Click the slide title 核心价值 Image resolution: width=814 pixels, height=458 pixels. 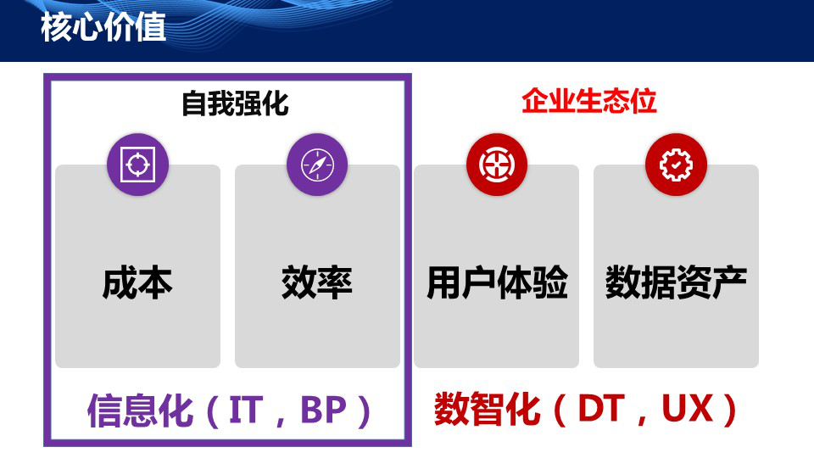click(103, 28)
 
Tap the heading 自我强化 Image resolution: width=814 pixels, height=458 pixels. click(235, 103)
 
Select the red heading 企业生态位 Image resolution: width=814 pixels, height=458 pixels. click(589, 102)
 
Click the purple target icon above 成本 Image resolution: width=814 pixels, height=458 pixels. click(137, 165)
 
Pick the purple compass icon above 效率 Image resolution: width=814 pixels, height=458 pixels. click(317, 165)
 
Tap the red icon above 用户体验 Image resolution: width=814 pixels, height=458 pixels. click(497, 165)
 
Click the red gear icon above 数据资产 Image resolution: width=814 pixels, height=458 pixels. click(676, 165)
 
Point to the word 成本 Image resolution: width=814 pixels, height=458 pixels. click(137, 282)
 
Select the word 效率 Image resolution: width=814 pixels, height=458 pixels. click(317, 282)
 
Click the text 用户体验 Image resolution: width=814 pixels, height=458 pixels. click(497, 282)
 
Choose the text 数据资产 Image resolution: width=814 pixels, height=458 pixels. click(676, 282)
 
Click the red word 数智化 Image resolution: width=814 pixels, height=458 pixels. click(487, 410)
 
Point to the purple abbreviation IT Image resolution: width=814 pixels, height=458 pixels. click(248, 411)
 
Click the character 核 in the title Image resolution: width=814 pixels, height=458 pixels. click(56, 28)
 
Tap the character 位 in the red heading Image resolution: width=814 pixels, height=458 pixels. click(644, 102)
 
